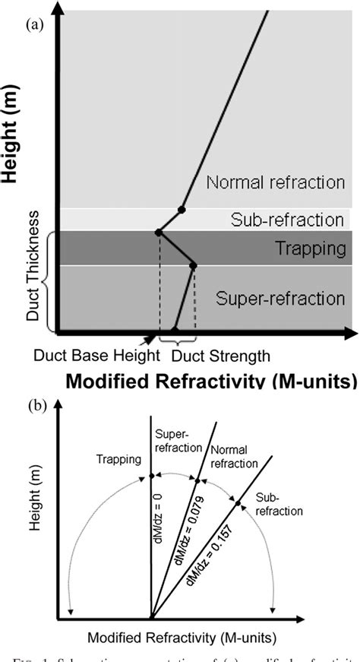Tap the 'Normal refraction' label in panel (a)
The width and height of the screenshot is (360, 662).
(x=275, y=183)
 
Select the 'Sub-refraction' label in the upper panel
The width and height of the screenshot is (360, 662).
(x=287, y=220)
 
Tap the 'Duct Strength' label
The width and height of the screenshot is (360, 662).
(x=220, y=355)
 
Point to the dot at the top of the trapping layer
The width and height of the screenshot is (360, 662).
(x=158, y=232)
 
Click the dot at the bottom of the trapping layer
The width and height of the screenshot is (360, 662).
(x=193, y=266)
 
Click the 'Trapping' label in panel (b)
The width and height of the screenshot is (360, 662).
(x=115, y=459)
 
